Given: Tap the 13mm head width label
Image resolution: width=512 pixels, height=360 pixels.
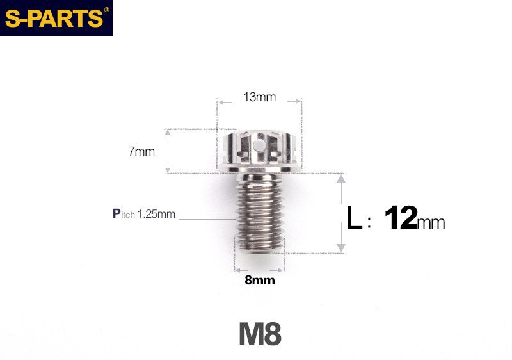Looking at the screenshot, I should coord(259,97).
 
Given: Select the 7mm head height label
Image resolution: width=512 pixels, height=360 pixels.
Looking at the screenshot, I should coord(141,152).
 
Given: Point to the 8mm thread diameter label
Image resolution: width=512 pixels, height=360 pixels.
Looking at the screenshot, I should coord(259,280).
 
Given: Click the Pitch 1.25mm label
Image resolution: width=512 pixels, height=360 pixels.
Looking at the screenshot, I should coord(144,214).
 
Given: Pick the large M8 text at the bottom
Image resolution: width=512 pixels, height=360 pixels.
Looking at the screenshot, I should coord(260,334).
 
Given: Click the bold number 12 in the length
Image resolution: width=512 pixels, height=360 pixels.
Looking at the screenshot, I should coord(401,218).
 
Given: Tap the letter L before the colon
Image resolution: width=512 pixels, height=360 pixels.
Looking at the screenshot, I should coord(354,218).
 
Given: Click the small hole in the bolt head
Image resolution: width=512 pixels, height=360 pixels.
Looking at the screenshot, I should coord(259,147).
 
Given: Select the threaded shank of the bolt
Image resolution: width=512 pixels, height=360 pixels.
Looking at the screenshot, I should coord(259,215).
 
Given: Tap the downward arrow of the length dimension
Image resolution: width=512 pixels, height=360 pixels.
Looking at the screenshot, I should coord(341,248).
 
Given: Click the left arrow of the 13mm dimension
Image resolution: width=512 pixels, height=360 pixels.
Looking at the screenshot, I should coord(220,101).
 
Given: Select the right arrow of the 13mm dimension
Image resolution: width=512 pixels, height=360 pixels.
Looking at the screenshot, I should coord(298,101).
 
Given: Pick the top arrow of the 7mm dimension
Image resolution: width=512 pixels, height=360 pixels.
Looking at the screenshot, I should coord(167,131).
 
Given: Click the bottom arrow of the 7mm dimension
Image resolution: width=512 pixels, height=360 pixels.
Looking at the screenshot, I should coord(167,170).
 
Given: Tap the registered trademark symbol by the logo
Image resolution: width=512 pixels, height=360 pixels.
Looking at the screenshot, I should coord(106,10).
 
